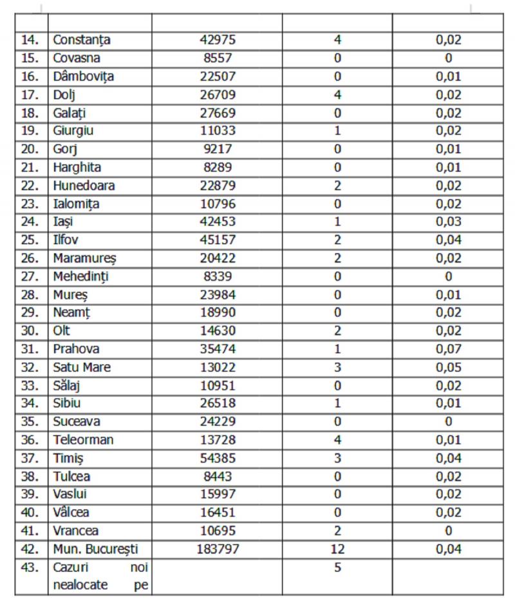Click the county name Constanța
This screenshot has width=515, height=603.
coord(82,40)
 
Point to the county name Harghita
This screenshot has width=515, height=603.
coord(78,167)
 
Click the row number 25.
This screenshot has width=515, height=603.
coord(31,240)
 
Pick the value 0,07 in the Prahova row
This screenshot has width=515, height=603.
coord(448,349)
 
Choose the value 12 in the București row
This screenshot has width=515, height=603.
coord(337,550)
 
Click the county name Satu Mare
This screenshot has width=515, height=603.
coord(82,367)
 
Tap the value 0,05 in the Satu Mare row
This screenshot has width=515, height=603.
coord(448,367)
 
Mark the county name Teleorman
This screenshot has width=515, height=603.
coord(84,440)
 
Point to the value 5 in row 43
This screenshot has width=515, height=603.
coord(337,568)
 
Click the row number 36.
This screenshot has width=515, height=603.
coord(31,440)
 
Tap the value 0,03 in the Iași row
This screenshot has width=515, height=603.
coord(448,222)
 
